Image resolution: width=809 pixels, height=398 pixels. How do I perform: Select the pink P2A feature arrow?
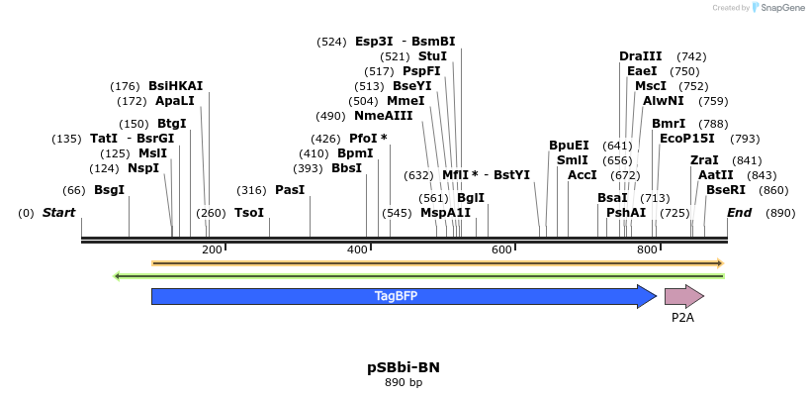tap(682, 296)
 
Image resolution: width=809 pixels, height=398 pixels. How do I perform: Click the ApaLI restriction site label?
tap(174, 101)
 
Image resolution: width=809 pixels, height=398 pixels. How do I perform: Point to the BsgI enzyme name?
tap(109, 190)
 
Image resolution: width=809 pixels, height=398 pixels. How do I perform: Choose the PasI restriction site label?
tap(290, 190)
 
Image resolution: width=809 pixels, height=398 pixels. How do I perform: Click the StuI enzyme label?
tap(432, 56)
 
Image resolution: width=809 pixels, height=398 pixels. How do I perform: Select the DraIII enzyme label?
tap(640, 56)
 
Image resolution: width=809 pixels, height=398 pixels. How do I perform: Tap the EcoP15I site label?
tap(681, 139)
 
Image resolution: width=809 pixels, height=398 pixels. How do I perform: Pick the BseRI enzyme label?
tap(726, 190)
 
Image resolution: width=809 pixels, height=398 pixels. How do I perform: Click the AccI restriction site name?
tap(583, 175)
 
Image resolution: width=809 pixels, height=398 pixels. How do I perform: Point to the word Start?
tap(58, 213)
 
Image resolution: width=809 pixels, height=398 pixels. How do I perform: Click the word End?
tap(739, 213)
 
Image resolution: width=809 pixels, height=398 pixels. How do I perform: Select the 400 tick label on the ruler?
tap(358, 250)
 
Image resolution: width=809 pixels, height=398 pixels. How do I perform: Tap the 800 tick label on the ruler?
tap(647, 250)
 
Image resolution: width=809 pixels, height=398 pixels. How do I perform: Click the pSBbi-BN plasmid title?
tap(404, 367)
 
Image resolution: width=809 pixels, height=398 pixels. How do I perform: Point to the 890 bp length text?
tap(404, 383)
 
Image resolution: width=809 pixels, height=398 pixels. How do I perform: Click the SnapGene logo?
tap(777, 8)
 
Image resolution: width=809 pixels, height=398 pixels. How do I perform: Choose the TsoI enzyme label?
tap(248, 213)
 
